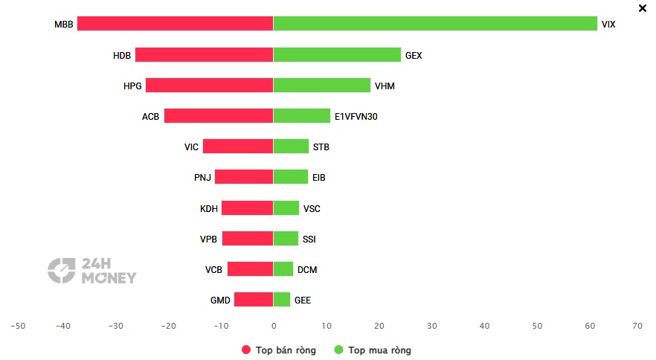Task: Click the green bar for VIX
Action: click(x=435, y=24)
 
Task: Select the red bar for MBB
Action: click(x=176, y=24)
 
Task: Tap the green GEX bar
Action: click(x=337, y=54)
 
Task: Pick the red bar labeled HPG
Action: click(x=209, y=85)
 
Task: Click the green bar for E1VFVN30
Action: click(x=302, y=115)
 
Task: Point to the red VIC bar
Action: click(x=238, y=146)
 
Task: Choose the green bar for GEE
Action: click(x=282, y=299)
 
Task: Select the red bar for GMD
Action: click(x=254, y=299)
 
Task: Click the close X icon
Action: click(x=643, y=8)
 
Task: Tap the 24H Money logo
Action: click(x=92, y=271)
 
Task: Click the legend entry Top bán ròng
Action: click(x=279, y=350)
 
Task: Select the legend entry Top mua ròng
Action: click(x=373, y=350)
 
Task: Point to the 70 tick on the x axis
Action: click(x=637, y=326)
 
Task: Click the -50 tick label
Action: click(x=18, y=326)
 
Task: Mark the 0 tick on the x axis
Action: click(x=274, y=326)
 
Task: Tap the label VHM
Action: click(x=385, y=86)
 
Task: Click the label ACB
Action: click(x=150, y=116)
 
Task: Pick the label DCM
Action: click(x=307, y=269)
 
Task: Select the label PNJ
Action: click(x=202, y=178)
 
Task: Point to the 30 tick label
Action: click(x=431, y=326)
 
